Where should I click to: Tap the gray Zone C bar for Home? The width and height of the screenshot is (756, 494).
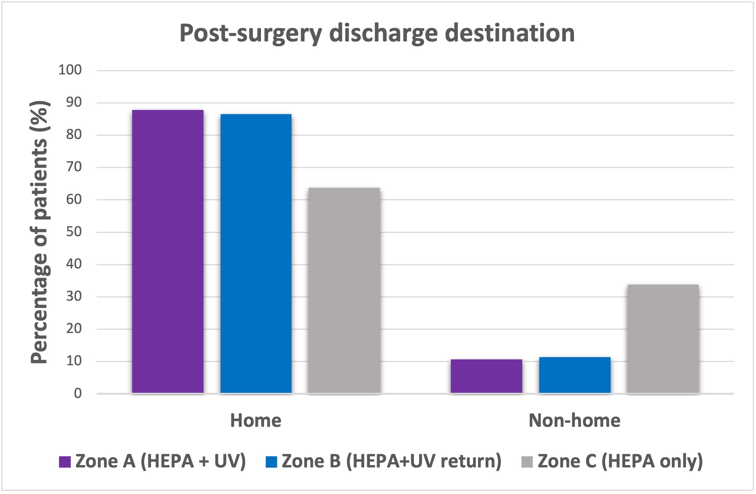tap(344, 290)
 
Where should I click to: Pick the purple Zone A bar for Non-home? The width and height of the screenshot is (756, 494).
tap(486, 376)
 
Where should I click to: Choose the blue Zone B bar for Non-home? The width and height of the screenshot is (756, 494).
tap(575, 375)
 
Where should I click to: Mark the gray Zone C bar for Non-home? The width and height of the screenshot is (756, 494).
tap(663, 339)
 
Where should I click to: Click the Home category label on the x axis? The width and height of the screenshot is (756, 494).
tap(256, 420)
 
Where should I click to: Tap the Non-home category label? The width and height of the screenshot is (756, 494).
tap(574, 420)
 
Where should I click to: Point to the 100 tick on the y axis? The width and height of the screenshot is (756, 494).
tap(70, 70)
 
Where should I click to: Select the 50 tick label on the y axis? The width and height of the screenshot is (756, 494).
tap(74, 232)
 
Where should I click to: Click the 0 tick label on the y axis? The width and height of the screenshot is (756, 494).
tap(78, 393)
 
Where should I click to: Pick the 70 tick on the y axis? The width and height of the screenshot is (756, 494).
tap(74, 167)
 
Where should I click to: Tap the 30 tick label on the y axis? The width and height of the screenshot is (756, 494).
tap(74, 296)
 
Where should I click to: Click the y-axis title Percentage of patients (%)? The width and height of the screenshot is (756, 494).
tap(40, 232)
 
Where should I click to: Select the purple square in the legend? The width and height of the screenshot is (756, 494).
tap(65, 462)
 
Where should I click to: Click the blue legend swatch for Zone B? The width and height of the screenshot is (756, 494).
tap(271, 462)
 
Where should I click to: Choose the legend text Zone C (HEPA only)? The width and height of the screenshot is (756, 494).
tap(620, 461)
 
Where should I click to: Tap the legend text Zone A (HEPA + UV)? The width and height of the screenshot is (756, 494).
tap(161, 461)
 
